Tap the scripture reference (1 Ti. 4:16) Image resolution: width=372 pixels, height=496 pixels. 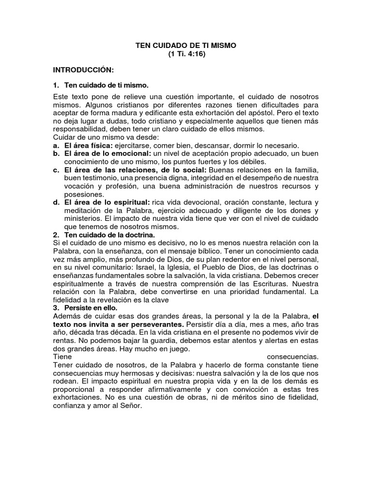coord(186,54)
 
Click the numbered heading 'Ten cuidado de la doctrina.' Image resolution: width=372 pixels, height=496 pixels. coord(109,235)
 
